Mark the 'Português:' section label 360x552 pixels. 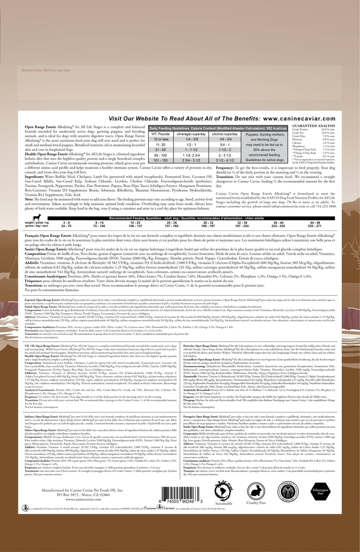192,416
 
